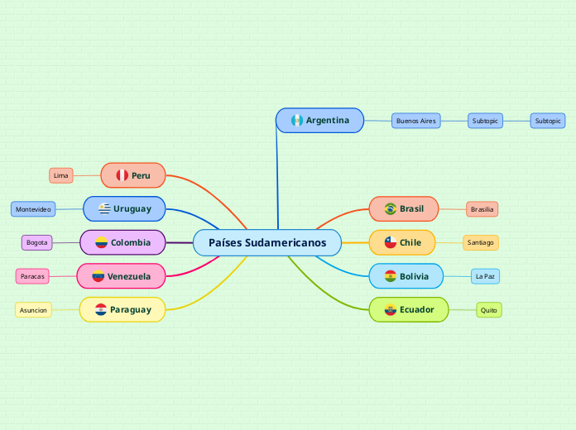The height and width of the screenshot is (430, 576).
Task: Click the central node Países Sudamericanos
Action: click(267, 243)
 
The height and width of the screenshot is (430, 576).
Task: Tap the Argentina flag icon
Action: click(296, 121)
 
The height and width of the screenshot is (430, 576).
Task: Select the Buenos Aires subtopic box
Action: click(415, 121)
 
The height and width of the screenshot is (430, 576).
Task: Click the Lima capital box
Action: click(61, 175)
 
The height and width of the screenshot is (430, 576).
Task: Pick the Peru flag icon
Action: click(122, 175)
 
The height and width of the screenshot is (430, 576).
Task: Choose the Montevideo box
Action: click(33, 209)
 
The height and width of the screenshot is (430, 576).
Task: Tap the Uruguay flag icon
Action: click(104, 209)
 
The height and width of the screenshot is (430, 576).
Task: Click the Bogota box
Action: click(37, 242)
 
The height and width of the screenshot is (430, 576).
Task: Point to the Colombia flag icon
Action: click(101, 242)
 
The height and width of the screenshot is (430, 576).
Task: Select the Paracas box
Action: click(33, 275)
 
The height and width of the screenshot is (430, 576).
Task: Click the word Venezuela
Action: click(129, 276)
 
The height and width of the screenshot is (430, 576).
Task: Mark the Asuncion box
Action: click(33, 310)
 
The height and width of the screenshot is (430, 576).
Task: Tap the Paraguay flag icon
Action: click(101, 309)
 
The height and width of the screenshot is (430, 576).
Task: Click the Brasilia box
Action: click(482, 209)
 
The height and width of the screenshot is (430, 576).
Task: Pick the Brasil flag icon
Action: click(391, 209)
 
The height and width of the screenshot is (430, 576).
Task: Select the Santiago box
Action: click(480, 242)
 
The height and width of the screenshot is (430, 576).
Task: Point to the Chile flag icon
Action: click(390, 242)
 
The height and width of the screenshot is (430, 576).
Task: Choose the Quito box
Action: click(489, 310)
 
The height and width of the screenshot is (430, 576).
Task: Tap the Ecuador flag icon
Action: click(390, 310)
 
